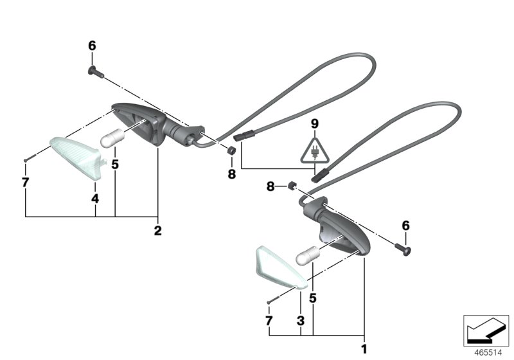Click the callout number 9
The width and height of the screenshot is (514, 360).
click(x=315, y=123)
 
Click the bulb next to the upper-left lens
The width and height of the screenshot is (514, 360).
click(x=112, y=141)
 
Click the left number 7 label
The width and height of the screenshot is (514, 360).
click(x=25, y=183)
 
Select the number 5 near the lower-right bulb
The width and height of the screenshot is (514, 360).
click(x=313, y=298)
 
